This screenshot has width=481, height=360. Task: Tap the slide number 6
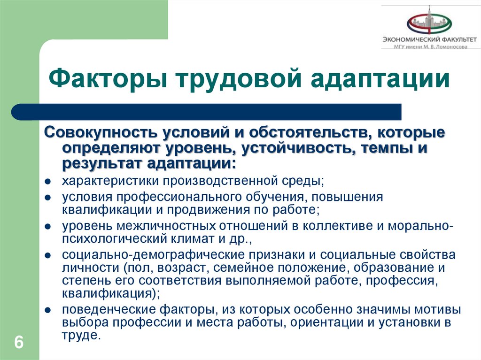tap(19, 342)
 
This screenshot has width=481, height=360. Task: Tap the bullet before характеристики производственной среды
tap(48, 182)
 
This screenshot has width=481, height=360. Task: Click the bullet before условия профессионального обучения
tap(48, 198)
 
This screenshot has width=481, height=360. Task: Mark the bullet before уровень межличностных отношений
tap(48, 227)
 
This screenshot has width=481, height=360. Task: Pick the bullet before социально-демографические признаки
tap(48, 256)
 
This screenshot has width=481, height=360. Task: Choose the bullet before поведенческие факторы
tap(48, 311)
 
